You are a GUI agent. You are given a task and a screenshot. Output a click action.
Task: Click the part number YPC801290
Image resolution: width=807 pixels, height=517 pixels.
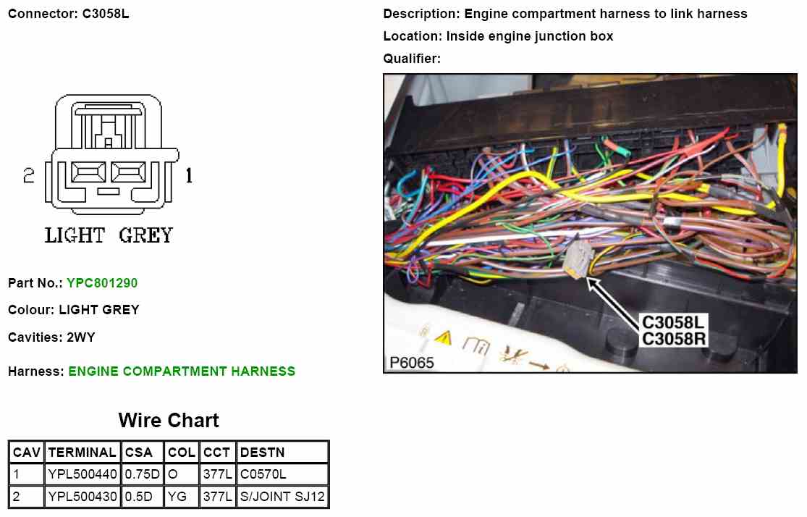coord(102,282)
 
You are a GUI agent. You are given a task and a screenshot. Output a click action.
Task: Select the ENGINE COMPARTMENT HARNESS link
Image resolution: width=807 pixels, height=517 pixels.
coord(182,371)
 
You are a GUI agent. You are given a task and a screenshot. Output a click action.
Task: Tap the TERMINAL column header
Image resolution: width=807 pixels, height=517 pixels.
coord(82,453)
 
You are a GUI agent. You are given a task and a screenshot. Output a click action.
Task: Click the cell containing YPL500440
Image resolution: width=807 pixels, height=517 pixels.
coord(82,475)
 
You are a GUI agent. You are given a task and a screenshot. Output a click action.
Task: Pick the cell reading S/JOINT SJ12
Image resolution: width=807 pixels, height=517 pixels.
coord(282,497)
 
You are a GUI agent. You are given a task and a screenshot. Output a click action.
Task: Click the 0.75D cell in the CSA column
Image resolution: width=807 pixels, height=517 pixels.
coord(141,475)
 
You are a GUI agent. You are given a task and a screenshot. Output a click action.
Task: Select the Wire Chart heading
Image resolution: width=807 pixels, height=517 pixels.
coord(169,420)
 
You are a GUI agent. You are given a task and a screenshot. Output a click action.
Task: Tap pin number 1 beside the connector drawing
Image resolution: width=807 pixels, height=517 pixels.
coord(189,176)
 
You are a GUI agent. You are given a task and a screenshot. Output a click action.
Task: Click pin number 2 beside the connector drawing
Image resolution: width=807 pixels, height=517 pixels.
coord(29,176)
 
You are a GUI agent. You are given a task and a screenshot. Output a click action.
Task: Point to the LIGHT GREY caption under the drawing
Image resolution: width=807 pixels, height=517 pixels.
coord(109,235)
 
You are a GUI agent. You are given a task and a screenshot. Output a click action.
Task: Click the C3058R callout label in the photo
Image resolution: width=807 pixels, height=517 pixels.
coord(674,339)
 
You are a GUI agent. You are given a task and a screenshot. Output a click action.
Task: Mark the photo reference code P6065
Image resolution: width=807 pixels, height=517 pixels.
coord(411,363)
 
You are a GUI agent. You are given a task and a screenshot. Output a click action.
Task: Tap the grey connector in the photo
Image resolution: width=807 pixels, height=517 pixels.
coord(579,257)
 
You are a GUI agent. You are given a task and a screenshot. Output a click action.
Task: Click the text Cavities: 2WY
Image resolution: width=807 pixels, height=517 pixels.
coord(51,337)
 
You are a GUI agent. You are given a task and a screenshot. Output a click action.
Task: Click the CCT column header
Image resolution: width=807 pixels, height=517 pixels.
coord(216,453)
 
